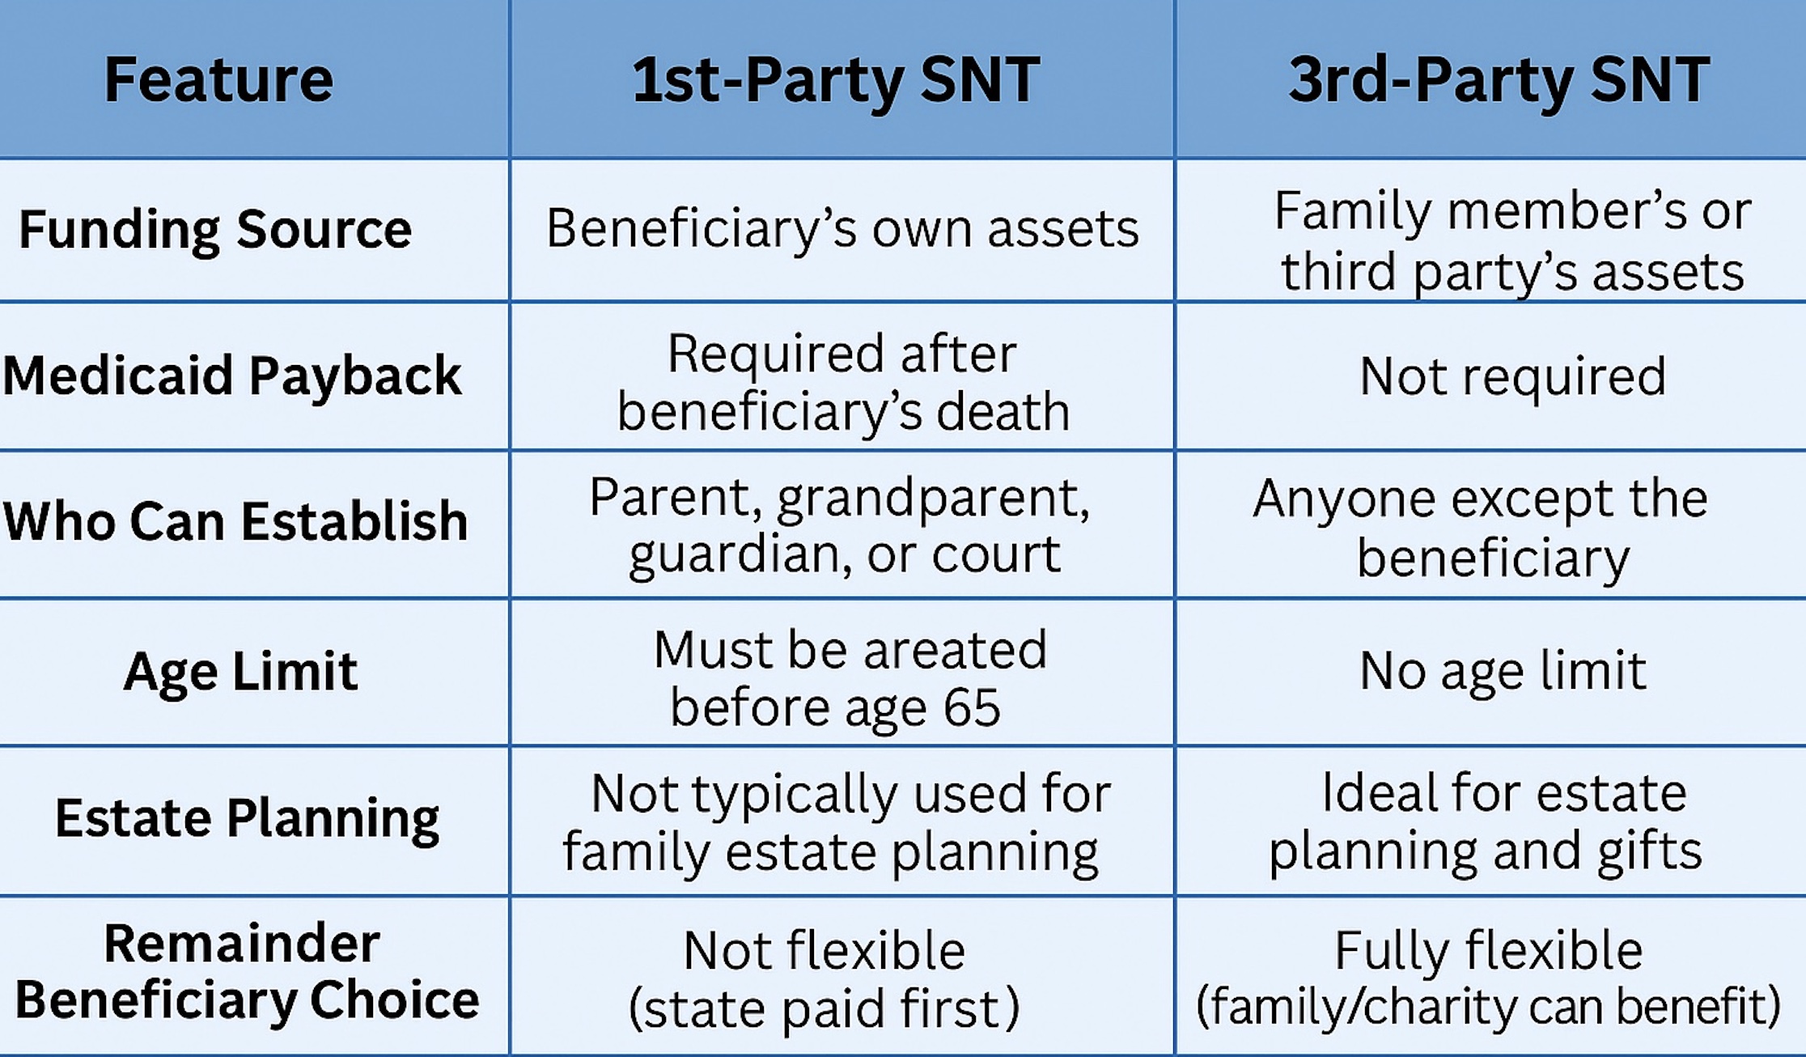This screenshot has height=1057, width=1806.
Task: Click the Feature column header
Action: [x=218, y=79]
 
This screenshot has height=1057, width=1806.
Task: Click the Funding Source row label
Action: [x=215, y=229]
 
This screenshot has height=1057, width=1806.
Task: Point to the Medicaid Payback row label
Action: [x=232, y=376]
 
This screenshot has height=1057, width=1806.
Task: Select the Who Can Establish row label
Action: [x=235, y=520]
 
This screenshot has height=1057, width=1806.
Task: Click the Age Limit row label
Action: [x=240, y=672]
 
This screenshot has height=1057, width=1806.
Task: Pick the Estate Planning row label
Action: [x=247, y=818]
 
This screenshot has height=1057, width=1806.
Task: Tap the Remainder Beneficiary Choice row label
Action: [x=247, y=972]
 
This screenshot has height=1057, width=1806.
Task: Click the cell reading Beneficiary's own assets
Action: [x=842, y=229]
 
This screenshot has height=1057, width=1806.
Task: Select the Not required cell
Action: [x=1512, y=376]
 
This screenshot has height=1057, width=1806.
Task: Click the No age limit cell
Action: [x=1503, y=672]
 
